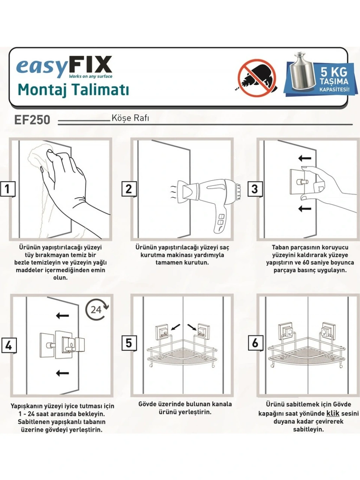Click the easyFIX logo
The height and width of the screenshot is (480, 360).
64,67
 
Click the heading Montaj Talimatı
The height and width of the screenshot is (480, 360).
73,90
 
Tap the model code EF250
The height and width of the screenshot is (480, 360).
32,120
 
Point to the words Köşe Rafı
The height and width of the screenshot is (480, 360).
130,118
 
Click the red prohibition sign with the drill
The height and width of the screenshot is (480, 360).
257,78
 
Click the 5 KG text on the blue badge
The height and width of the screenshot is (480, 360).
334,72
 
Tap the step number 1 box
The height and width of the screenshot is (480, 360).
8,189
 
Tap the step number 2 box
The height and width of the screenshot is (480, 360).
129,189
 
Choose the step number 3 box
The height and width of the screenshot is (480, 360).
255,189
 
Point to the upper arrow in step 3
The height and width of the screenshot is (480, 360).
305,158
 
